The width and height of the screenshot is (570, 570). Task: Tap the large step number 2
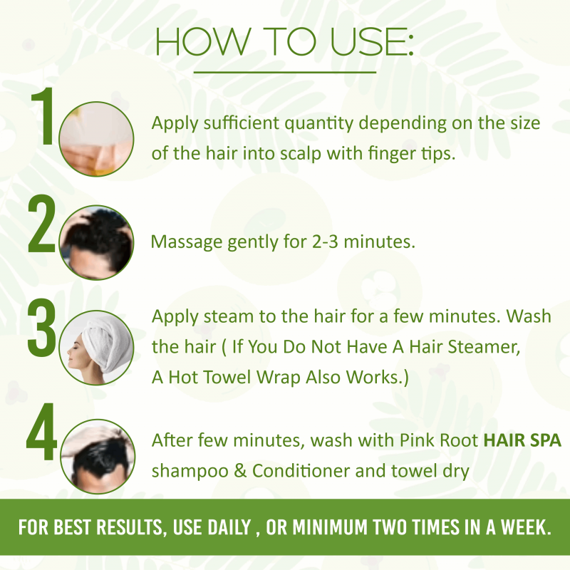click(x=41, y=223)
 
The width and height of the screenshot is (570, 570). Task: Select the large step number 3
click(x=41, y=328)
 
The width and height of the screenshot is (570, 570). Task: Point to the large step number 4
click(x=42, y=432)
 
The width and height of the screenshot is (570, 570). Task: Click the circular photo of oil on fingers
click(x=96, y=139)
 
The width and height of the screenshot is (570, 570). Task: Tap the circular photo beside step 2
click(x=96, y=242)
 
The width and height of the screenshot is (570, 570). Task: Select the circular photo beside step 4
click(x=98, y=457)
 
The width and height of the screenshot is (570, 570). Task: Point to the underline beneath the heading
click(x=284, y=73)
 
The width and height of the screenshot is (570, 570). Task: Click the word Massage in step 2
click(x=186, y=242)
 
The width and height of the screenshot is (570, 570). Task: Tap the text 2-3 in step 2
click(x=325, y=242)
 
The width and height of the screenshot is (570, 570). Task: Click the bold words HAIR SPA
click(x=522, y=440)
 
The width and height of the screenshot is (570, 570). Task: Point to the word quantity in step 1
click(x=318, y=124)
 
